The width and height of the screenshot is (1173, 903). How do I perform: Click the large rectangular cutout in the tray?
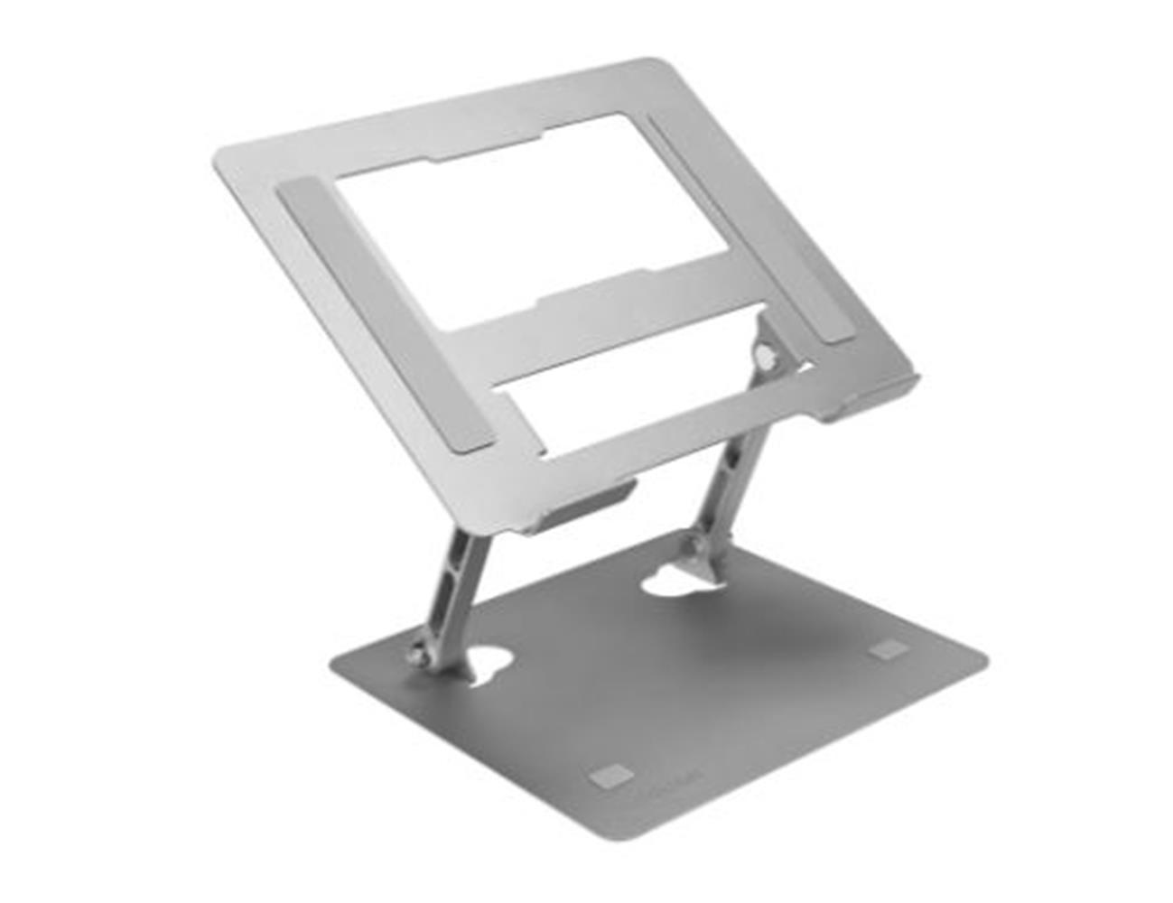pyautogui.click(x=533, y=220)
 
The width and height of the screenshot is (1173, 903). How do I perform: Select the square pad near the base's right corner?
pyautogui.click(x=889, y=649)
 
